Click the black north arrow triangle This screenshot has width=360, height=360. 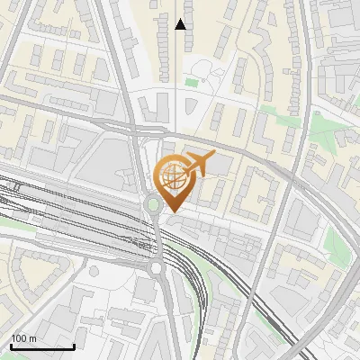[181, 24]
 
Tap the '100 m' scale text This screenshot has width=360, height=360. [22, 338]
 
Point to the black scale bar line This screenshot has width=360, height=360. [42, 346]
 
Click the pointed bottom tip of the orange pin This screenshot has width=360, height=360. [172, 212]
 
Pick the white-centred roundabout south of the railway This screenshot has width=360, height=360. [156, 267]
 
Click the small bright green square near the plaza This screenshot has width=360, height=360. [191, 83]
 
